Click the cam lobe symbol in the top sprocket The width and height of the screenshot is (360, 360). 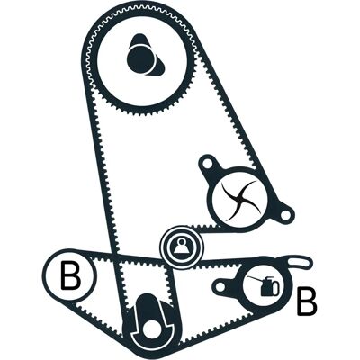pos(145,57)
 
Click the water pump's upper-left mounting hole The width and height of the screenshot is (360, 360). pos(209,164)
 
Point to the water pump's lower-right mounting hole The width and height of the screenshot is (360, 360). pos(285,214)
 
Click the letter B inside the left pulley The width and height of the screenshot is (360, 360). pos(70,276)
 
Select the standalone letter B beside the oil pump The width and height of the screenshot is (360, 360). pos(306,301)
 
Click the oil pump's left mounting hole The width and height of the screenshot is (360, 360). pos(220,287)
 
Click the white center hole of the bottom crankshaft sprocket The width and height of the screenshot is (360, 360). pos(150,331)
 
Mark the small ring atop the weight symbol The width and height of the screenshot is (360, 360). pos(181,240)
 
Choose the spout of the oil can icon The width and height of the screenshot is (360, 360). pos(255,278)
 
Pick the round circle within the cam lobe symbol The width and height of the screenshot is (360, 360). pos(141,58)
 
